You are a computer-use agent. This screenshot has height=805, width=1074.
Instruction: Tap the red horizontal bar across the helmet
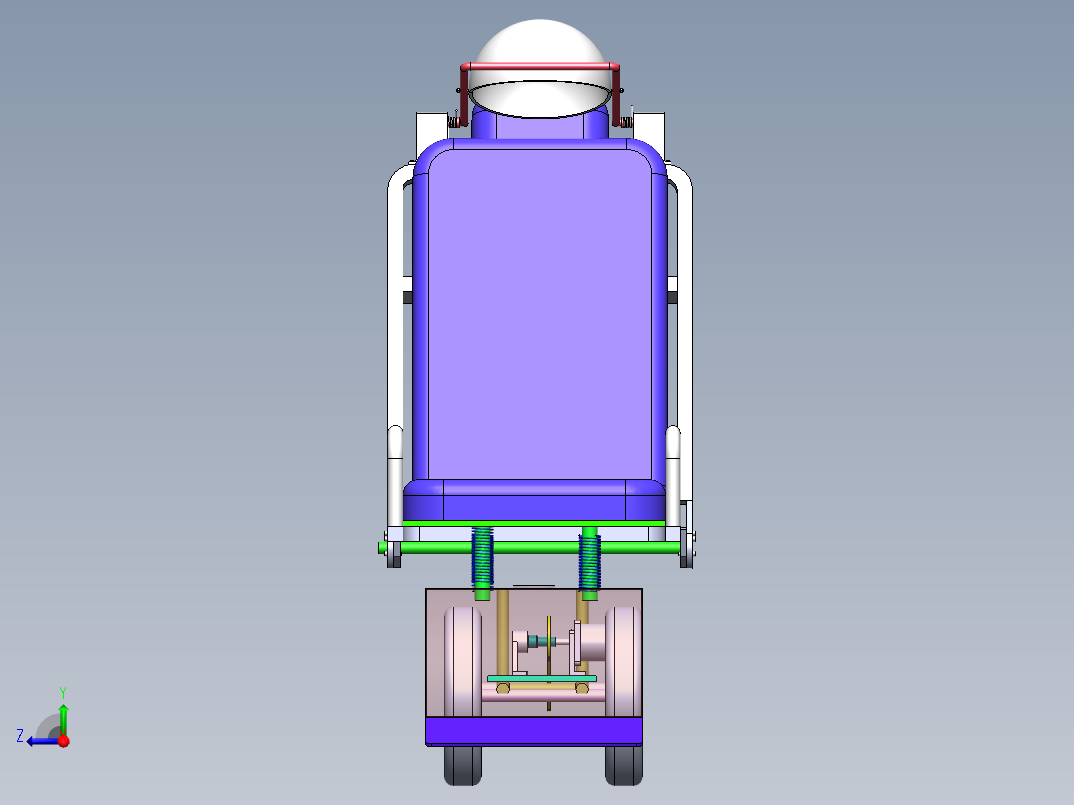coord(539,67)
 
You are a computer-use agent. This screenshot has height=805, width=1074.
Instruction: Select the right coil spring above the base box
coord(589,560)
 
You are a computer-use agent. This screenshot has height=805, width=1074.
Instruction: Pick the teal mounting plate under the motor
coord(541,678)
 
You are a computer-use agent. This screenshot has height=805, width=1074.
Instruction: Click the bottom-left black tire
coord(463,765)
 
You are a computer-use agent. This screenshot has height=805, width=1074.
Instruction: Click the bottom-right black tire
coord(623,765)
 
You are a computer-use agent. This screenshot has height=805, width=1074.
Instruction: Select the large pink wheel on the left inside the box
coord(462,661)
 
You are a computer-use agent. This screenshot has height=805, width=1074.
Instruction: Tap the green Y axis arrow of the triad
coord(63,715)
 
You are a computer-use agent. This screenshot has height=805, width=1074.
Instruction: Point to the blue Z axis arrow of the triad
coord(40,740)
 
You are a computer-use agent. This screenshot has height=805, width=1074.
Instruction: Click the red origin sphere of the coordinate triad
coord(63,740)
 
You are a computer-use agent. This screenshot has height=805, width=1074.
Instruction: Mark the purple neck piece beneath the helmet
coord(539,127)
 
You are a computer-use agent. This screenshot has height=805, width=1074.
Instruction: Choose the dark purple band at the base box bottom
coord(533,731)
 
